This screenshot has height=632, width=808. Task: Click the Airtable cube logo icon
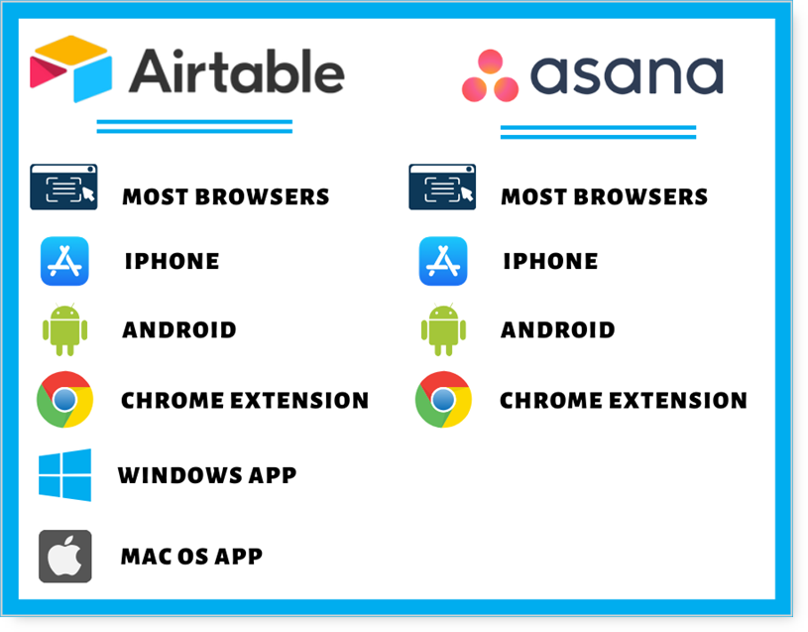71,68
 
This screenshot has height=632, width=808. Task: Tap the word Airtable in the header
237,71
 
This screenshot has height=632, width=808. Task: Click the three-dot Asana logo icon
490,75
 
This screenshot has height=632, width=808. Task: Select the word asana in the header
627,75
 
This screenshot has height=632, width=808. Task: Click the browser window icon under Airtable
63,188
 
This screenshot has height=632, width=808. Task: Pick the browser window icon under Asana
442,188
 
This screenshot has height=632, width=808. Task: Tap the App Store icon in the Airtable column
64,261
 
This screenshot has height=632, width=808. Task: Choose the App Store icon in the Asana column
443,261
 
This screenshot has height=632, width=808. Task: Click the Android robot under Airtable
64,329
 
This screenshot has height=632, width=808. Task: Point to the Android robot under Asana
444,329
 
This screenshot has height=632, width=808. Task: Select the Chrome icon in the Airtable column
64,400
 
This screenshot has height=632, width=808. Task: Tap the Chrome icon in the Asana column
443,400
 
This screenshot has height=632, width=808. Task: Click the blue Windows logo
64,475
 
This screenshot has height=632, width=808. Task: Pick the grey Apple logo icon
64,557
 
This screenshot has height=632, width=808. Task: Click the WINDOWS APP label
207,475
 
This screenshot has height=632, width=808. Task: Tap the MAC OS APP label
191,557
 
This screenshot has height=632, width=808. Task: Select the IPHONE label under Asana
550,261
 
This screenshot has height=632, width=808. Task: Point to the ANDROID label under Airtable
179,330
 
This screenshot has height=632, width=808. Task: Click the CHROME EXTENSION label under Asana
624,401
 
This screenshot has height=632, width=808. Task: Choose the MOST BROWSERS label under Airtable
226,196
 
